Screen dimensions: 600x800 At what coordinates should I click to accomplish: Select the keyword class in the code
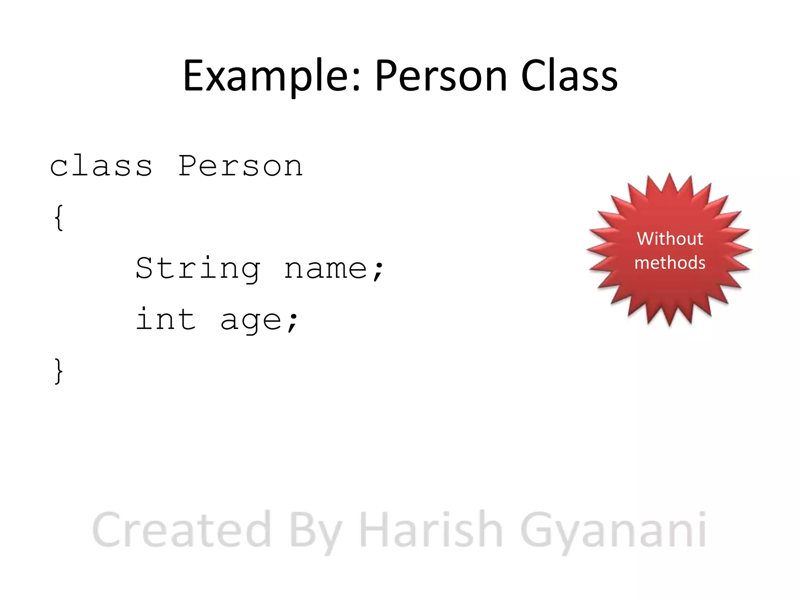tap(101, 166)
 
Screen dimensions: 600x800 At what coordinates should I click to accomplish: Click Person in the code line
tap(240, 166)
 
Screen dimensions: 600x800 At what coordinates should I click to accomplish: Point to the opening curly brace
tap(59, 218)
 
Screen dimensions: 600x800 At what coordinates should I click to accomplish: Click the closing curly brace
tap(59, 371)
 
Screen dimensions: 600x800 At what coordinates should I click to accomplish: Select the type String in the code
tap(198, 269)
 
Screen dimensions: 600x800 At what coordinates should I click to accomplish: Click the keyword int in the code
tap(166, 320)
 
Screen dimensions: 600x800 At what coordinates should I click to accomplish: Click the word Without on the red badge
tap(670, 239)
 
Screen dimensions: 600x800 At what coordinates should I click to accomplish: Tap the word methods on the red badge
tap(670, 262)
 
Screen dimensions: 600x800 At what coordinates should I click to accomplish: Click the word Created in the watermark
tap(182, 530)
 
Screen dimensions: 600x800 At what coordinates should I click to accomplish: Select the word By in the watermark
tap(315, 531)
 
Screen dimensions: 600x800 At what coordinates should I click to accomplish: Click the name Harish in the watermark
tap(430, 530)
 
